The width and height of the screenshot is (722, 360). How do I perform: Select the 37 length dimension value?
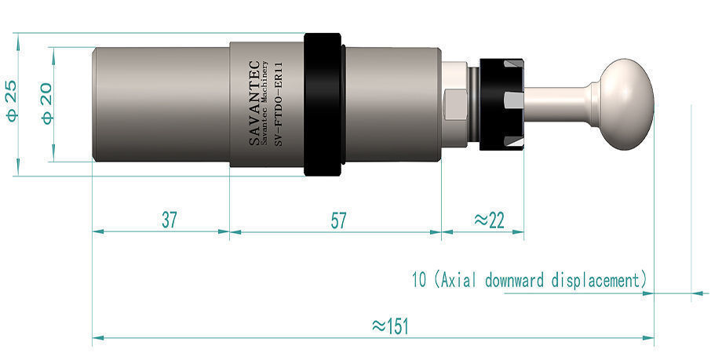[x=169, y=220]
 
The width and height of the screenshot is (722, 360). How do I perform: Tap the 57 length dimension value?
[x=337, y=220]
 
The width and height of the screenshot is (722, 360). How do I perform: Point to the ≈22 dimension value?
[x=490, y=220]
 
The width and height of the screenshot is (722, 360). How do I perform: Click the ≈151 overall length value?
[x=389, y=325]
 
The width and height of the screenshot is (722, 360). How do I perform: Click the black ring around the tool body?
[x=323, y=104]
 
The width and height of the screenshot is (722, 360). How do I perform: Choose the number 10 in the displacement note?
[x=418, y=278]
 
